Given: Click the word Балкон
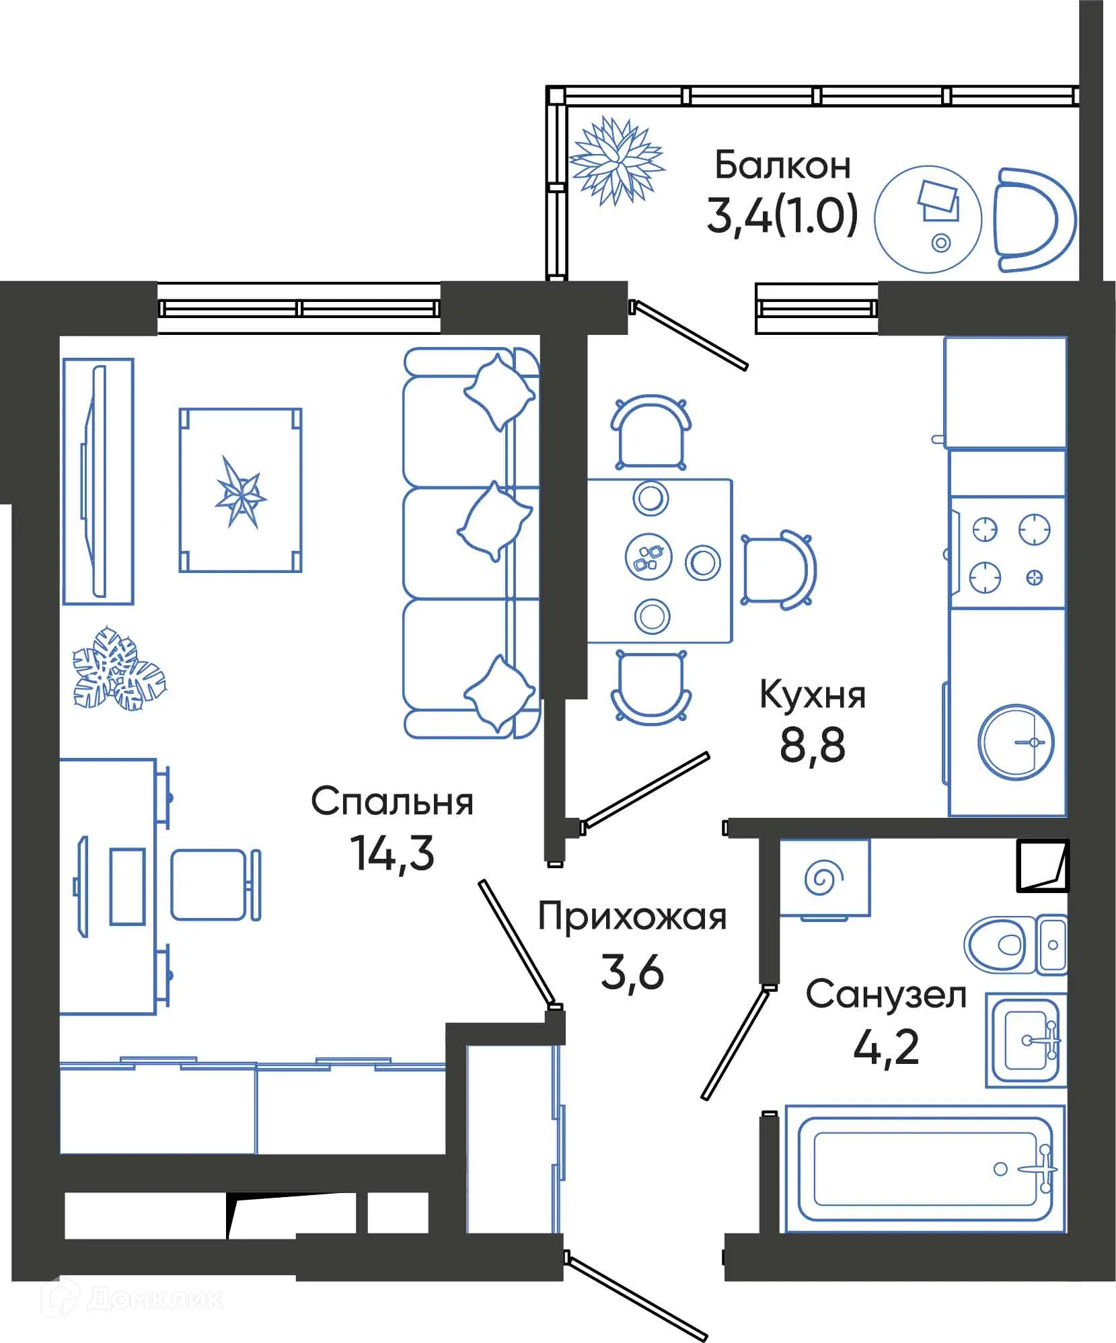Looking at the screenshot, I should [782, 165].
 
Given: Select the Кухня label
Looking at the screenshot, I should [812, 695].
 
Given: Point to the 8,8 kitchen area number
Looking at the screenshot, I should [812, 745].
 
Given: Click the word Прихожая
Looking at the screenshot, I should [632, 917].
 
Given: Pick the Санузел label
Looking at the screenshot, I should [886, 995].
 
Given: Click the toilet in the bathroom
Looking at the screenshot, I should [1000, 944].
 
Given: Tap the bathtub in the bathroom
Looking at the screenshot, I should [925, 1169].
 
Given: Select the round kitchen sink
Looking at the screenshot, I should [1015, 742].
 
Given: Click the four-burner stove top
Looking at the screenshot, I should [1007, 553].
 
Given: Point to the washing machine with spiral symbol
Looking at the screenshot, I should [825, 877].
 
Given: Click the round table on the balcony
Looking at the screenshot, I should [928, 219].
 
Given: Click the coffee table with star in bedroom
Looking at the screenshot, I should [240, 490].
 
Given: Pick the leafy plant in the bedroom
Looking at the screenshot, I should [118, 669].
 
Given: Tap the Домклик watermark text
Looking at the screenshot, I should [155, 1299].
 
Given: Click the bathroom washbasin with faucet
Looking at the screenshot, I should [1029, 1040].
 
